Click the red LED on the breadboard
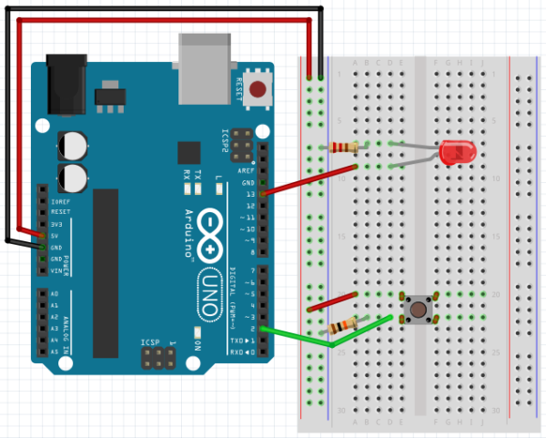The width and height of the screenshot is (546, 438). pyautogui.click(x=451, y=154)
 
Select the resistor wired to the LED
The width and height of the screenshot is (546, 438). pyautogui.click(x=346, y=148)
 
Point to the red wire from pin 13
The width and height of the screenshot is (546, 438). pyautogui.click(x=309, y=180)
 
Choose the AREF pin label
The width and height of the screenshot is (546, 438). pyautogui.click(x=246, y=170)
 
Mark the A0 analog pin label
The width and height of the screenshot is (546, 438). pyautogui.click(x=54, y=294)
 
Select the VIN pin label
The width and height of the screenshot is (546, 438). pyautogui.click(x=56, y=270)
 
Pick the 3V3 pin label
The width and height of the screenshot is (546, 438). pyautogui.click(x=56, y=223)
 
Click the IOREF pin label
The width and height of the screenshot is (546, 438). pyautogui.click(x=60, y=200)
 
